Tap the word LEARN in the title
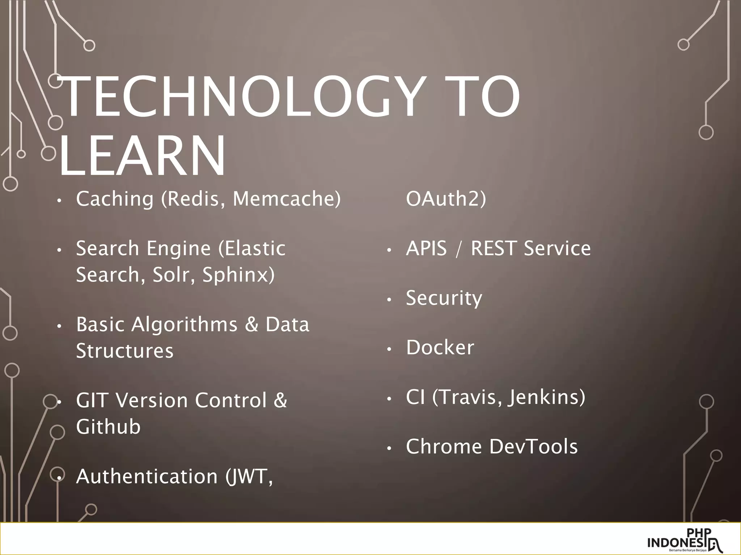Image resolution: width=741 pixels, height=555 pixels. click(x=142, y=156)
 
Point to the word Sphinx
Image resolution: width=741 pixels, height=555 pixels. click(x=238, y=275)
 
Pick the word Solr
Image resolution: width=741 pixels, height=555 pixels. click(x=171, y=275)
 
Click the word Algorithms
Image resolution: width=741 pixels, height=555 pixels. click(x=184, y=324)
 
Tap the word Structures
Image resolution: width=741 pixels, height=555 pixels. click(x=125, y=350)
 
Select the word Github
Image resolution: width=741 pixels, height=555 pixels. click(x=108, y=427)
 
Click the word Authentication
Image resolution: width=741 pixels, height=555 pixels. click(x=147, y=476)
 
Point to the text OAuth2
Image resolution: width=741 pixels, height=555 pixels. click(x=446, y=199)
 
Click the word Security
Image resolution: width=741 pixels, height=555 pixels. click(x=444, y=298)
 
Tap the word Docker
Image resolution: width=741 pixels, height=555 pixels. click(x=440, y=347)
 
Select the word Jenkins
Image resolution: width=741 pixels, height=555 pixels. click(x=546, y=397)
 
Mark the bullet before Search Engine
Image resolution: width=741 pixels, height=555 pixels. click(x=60, y=250)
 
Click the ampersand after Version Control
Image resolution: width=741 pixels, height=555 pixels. click(x=280, y=400)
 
